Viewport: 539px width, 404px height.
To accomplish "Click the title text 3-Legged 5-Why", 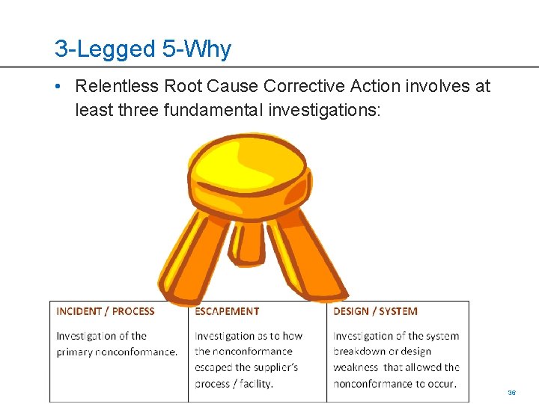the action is [143, 49].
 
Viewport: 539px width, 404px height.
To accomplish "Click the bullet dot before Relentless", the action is [58, 86].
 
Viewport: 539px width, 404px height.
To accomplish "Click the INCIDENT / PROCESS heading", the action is [106, 312].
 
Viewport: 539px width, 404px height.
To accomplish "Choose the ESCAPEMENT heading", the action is [227, 312].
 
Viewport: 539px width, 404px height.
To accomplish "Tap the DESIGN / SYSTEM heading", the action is [375, 312].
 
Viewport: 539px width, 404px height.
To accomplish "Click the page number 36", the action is [512, 392].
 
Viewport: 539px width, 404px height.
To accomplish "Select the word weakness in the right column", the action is [356, 367].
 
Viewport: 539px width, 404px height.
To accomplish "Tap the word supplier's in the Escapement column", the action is [276, 367].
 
